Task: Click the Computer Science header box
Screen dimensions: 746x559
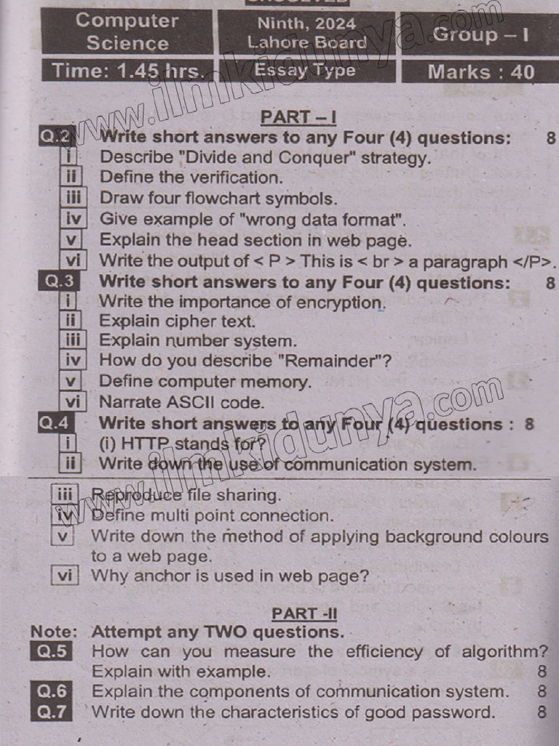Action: tap(127, 32)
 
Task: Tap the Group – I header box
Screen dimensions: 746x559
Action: tap(480, 34)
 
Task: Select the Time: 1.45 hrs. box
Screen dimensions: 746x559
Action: tap(127, 71)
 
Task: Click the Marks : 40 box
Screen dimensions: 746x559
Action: tap(480, 71)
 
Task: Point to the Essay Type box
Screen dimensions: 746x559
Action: tap(306, 71)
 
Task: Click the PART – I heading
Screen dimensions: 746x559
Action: tap(298, 117)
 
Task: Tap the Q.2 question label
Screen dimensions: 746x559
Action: tap(57, 136)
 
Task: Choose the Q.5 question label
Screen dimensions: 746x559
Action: tap(52, 651)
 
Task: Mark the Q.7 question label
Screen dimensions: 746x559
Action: tap(52, 712)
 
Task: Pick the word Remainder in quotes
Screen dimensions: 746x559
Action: tap(333, 361)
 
